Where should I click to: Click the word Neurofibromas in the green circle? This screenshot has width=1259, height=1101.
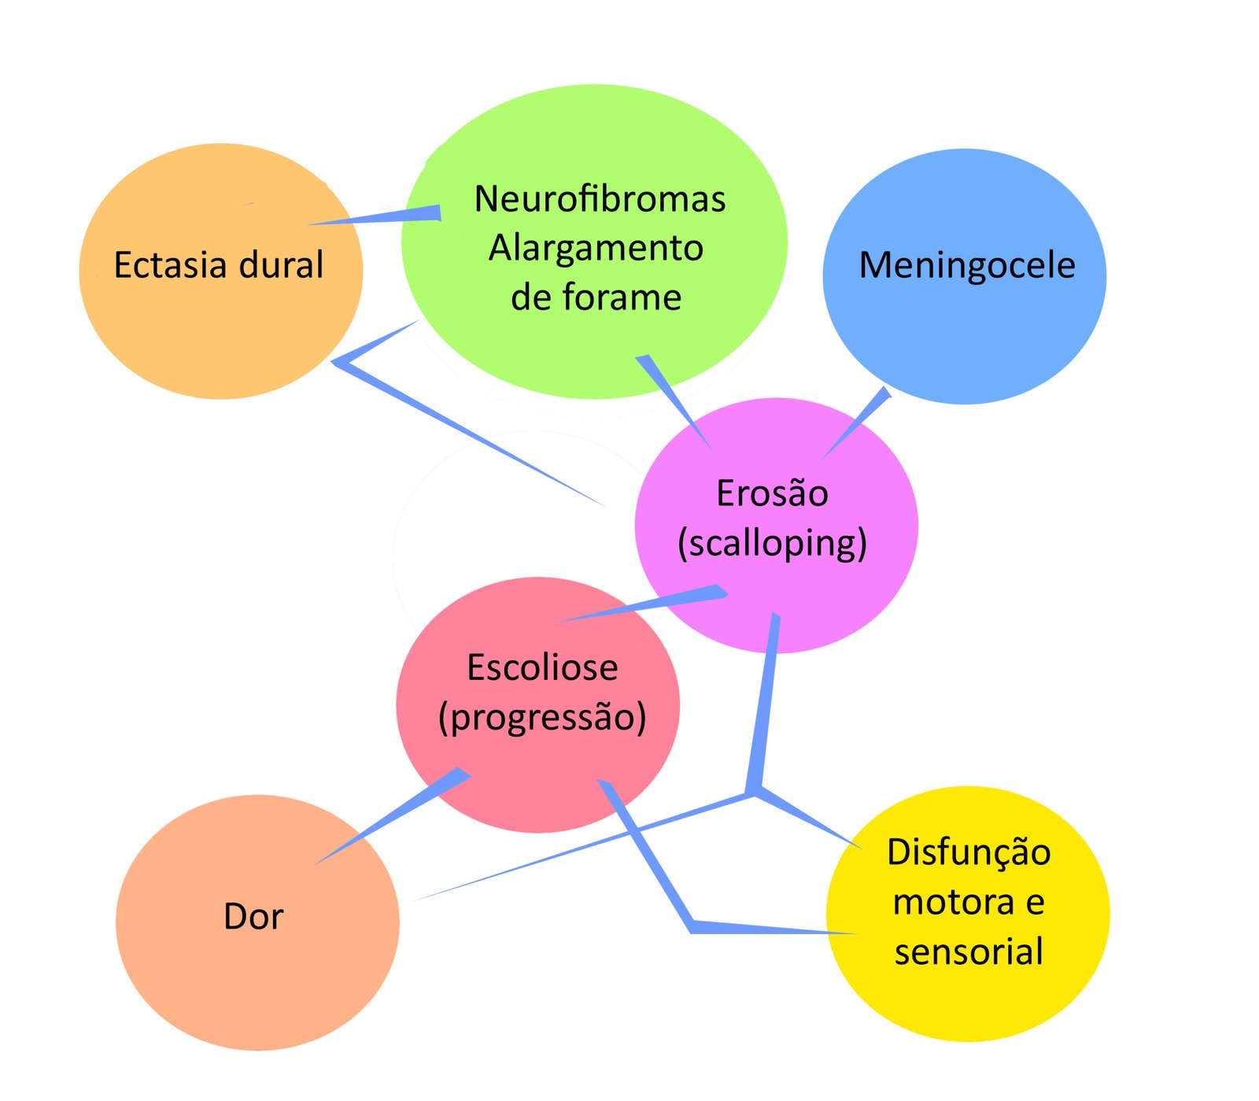pos(600,199)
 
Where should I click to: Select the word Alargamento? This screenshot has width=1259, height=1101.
pos(596,249)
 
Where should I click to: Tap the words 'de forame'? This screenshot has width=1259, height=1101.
pos(596,298)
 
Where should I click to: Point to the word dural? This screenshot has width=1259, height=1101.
pos(281,265)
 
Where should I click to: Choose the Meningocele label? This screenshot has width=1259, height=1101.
pos(967,265)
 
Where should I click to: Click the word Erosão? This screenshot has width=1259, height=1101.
pos(772,494)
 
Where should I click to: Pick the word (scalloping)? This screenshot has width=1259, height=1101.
pos(772,544)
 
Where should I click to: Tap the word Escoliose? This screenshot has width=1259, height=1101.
pos(542,668)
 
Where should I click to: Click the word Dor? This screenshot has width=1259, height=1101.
pos(253,917)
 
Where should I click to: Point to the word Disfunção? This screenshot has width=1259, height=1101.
pos(969,852)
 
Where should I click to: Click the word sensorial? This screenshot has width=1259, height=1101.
pos(969,951)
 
